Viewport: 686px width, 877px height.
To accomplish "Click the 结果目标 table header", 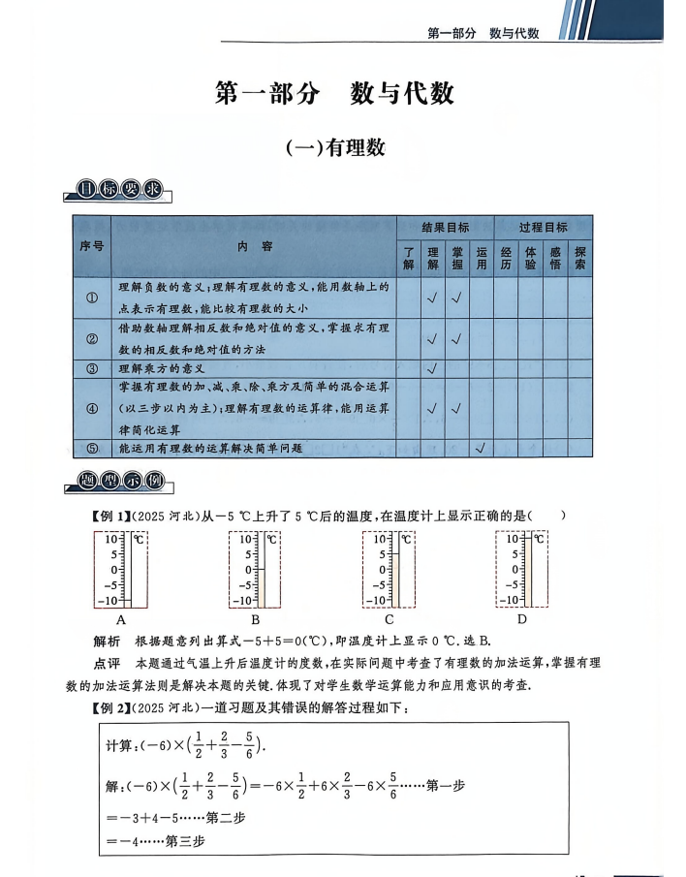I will click(445, 228).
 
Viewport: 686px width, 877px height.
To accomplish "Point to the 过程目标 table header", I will click(543, 228).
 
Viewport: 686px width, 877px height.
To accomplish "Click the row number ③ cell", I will click(93, 369).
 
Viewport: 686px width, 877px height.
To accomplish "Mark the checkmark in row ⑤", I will click(482, 448).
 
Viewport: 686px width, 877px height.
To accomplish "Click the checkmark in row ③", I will click(432, 369).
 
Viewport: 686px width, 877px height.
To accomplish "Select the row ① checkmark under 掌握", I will click(457, 298).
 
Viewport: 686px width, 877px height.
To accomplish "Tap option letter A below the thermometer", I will click(121, 619).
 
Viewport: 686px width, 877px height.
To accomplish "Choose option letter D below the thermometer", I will click(521, 619).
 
